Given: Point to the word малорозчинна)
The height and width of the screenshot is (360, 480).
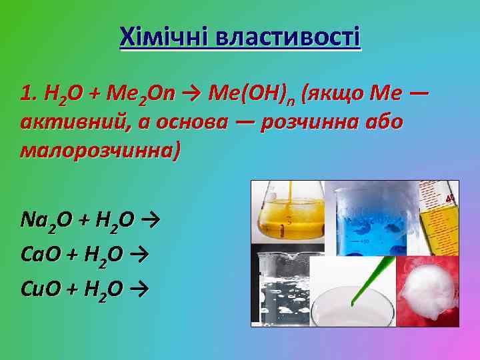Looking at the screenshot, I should pos(100,151).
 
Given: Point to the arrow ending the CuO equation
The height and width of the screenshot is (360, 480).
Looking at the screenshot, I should pos(139,289).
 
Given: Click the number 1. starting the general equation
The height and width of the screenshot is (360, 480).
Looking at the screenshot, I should pos(28,94).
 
